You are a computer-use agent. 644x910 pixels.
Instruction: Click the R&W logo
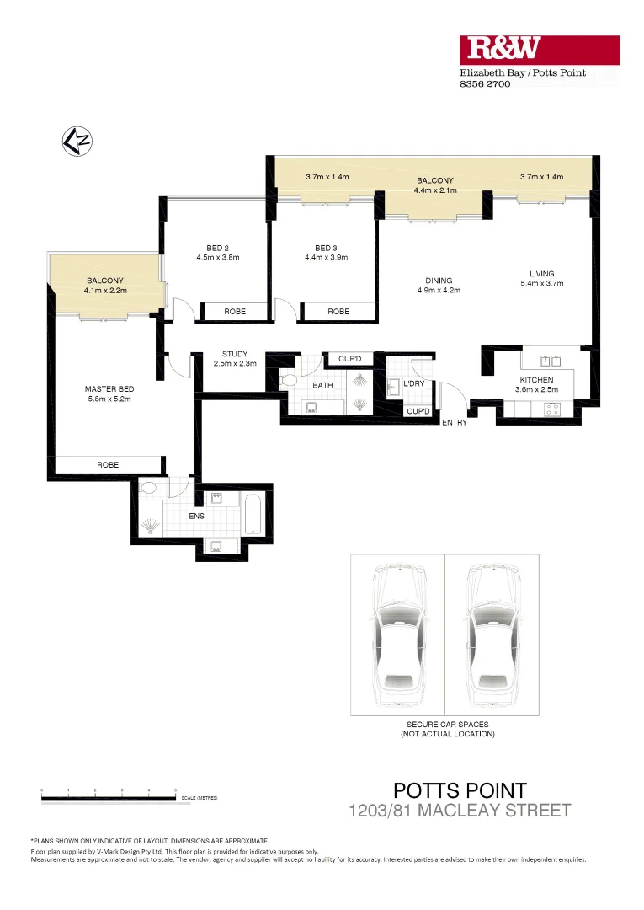(539, 50)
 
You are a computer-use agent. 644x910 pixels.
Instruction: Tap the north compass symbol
(77, 140)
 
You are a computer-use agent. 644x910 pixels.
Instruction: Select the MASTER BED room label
(109, 388)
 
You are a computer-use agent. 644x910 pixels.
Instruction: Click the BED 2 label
(217, 248)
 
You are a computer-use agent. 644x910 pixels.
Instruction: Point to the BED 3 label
(325, 248)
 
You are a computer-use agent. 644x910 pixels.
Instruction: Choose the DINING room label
(439, 281)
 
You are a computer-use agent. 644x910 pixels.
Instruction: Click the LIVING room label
(541, 273)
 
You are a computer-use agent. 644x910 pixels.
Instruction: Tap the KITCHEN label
(536, 380)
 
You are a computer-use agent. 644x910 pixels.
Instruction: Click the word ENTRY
(455, 422)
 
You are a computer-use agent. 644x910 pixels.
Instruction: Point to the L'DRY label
(413, 383)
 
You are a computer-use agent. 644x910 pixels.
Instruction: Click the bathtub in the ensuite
(254, 514)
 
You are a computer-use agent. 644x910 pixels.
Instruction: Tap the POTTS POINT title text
(460, 790)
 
